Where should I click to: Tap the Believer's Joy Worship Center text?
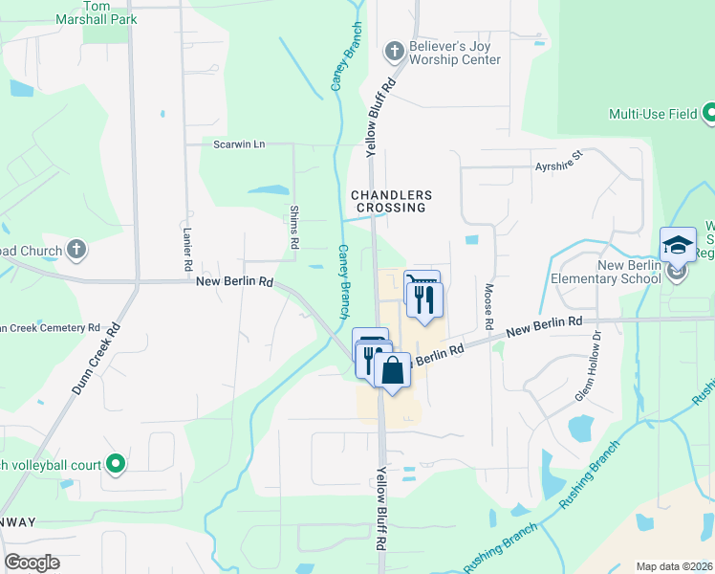pos(454,53)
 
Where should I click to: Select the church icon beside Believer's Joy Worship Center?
pos(393,50)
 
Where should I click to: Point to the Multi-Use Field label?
pos(653,115)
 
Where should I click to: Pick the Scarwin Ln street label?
pos(239,143)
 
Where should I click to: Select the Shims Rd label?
pos(294,231)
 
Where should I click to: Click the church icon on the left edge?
pos(77,251)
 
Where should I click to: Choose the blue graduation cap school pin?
pos(678,246)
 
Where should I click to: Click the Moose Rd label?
pos(488,301)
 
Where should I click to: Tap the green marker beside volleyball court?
pos(116,465)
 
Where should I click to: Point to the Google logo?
pos(32,563)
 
